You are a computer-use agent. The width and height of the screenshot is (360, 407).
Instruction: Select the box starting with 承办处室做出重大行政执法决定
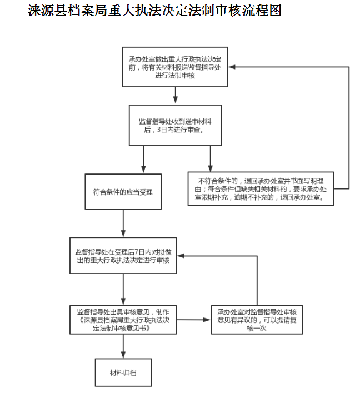point(175,67)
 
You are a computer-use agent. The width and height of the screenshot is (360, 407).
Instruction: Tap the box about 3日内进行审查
point(175,125)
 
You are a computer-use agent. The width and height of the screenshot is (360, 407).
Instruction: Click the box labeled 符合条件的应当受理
point(123,192)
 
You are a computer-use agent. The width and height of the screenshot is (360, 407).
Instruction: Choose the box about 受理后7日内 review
point(123,255)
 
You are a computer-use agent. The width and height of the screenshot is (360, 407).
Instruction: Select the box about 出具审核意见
point(123,320)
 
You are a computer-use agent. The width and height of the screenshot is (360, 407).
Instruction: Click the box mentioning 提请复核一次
point(257,320)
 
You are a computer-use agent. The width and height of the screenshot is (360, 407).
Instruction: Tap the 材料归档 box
point(123,373)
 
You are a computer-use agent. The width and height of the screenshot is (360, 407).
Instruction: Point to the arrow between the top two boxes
point(175,96)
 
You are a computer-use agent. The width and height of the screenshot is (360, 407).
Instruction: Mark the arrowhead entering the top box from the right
point(232,67)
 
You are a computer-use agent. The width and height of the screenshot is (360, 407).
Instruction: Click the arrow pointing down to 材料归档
point(123,347)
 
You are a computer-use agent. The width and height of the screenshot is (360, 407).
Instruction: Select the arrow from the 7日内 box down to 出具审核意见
point(123,289)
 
